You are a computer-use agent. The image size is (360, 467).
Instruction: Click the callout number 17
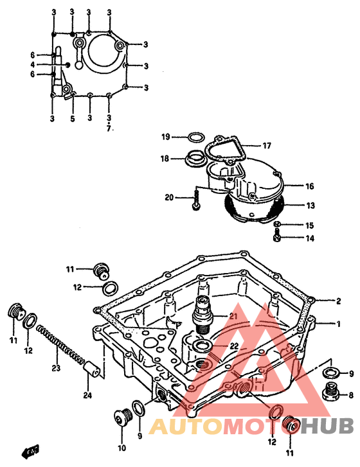[267, 146]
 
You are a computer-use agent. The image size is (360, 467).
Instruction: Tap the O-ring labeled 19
[197, 137]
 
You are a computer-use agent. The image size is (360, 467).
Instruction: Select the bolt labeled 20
[196, 200]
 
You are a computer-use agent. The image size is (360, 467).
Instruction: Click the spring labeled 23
[60, 346]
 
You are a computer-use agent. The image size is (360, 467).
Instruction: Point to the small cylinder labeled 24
[92, 369]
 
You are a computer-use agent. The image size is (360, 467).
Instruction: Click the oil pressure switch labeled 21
[203, 315]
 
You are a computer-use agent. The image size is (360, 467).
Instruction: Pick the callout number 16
[310, 186]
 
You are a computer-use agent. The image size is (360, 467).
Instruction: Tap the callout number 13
[310, 206]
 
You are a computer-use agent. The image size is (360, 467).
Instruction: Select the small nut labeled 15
[277, 224]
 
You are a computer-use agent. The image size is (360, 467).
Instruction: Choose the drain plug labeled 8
[330, 392]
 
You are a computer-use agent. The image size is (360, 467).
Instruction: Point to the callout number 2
[338, 301]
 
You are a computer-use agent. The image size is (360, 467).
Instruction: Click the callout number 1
[338, 324]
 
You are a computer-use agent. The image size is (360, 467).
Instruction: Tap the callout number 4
[33, 65]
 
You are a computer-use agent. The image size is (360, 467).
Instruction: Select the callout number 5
[73, 119]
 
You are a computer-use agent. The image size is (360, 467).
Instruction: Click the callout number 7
[109, 128]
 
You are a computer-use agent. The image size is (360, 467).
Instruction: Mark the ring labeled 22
[202, 346]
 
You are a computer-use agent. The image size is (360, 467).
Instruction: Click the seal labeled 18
[195, 158]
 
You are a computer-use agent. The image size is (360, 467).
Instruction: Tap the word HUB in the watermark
[326, 426]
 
